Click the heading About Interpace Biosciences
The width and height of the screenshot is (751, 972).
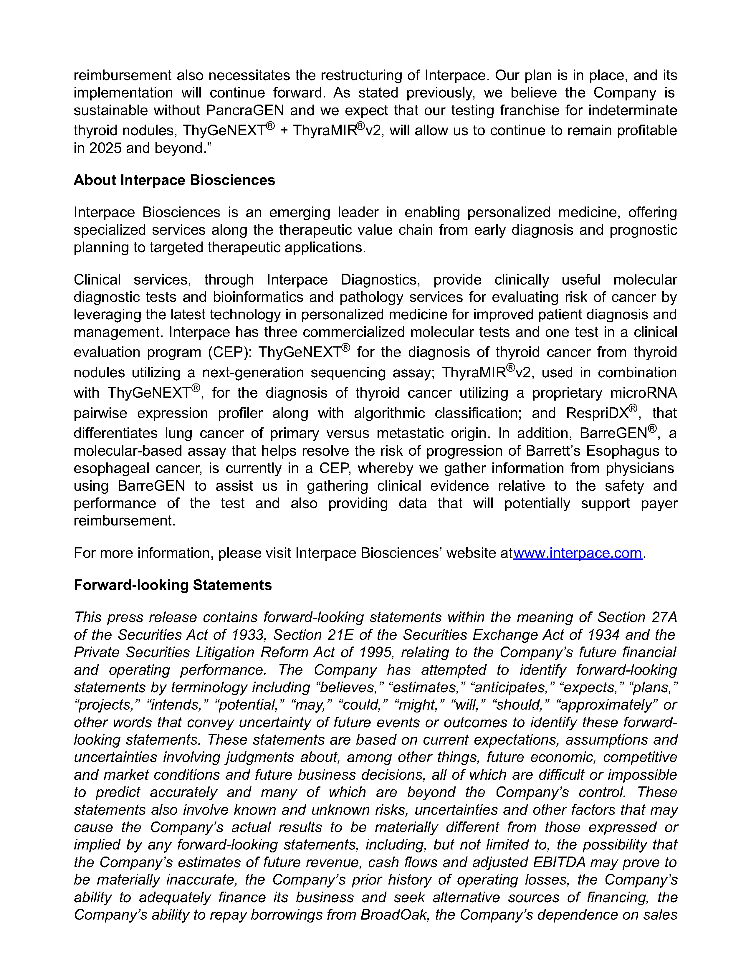click(174, 180)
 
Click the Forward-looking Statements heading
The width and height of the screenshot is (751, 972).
click(173, 585)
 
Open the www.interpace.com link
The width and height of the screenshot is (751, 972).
click(577, 553)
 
